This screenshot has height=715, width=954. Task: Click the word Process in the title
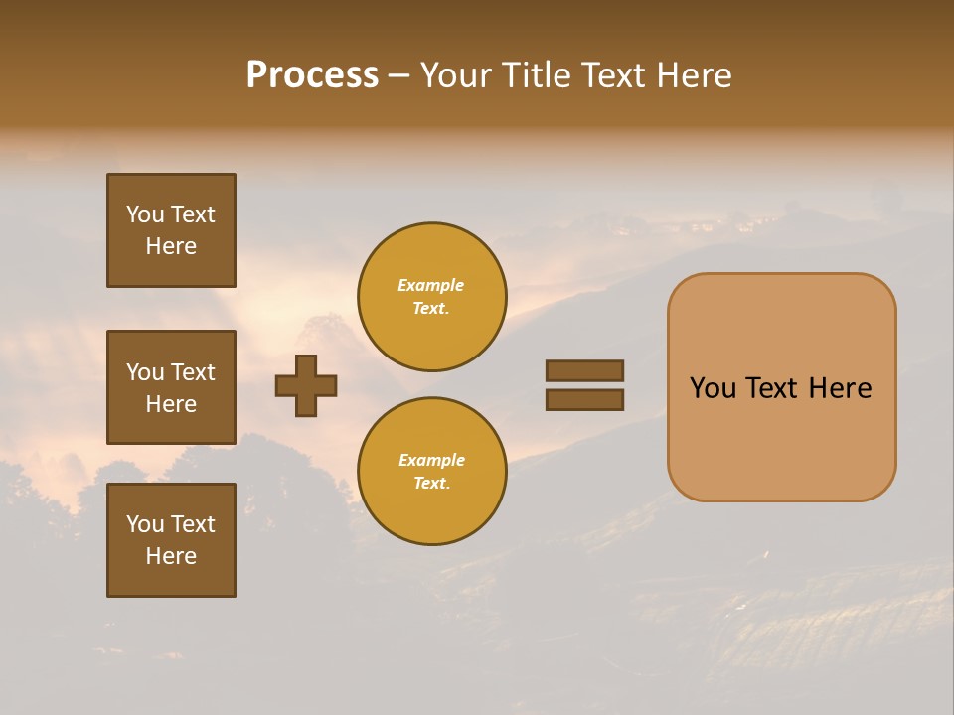312,75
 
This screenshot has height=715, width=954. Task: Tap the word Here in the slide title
695,75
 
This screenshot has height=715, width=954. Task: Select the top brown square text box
171,230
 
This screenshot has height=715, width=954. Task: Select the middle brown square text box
171,387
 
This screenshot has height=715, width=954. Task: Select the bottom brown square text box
171,540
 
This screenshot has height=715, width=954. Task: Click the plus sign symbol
306,385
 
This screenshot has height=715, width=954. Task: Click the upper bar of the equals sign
584,370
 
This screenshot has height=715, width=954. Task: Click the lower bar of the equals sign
584,399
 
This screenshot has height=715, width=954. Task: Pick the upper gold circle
431,297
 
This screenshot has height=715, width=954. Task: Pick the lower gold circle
431,472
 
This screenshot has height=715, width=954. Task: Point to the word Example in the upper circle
431,285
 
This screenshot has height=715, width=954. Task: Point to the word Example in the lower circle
431,460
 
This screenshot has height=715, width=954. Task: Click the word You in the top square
145,214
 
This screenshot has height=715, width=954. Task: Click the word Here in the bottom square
171,556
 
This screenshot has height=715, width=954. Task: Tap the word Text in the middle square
193,372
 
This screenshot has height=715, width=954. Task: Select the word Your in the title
454,75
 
